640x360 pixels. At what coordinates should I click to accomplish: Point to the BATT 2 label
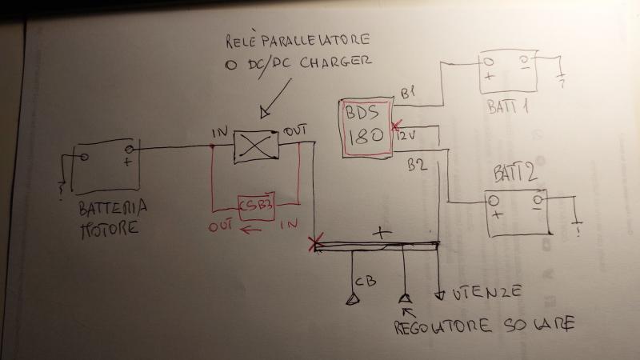[x=510, y=170]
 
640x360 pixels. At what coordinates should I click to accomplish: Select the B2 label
[x=416, y=166]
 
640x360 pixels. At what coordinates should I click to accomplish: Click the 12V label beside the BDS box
[x=407, y=137]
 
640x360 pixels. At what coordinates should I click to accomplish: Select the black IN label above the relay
[x=220, y=131]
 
